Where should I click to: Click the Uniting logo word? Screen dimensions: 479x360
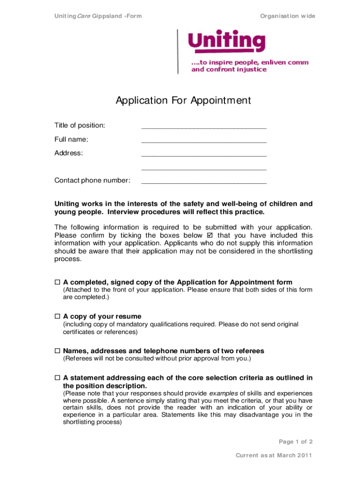point(226,41)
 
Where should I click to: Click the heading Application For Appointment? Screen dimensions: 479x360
point(183,101)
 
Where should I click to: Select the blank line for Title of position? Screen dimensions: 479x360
point(204,127)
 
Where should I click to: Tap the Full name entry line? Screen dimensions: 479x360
point(204,141)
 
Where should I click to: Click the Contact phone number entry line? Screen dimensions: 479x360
point(204,182)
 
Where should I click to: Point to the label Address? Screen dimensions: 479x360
point(69,153)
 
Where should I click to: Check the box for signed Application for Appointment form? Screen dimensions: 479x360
point(58,283)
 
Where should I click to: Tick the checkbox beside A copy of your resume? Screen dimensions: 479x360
point(58,317)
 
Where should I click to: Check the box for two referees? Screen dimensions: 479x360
point(58,351)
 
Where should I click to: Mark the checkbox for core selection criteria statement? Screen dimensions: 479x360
point(58,378)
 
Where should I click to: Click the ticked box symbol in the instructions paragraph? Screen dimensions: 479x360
point(209,235)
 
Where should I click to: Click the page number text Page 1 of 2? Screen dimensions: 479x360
point(295,442)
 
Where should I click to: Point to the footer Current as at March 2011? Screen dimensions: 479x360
point(274,456)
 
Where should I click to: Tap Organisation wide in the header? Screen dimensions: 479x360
point(288,16)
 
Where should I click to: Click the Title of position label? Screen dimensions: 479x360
point(80,125)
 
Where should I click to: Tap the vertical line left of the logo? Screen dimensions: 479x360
point(178,51)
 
